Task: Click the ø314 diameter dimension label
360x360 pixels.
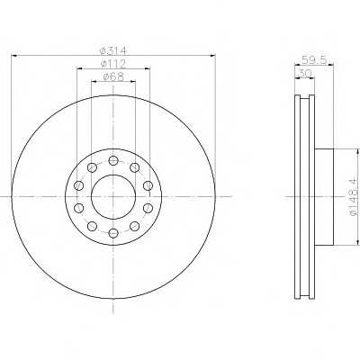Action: [113, 50]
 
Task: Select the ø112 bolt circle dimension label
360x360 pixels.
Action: [113, 63]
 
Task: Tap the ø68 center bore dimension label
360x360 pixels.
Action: [113, 76]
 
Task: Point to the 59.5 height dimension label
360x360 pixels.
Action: [314, 59]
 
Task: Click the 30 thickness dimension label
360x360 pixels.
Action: [305, 73]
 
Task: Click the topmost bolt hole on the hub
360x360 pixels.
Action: [113, 160]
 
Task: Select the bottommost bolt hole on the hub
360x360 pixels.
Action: [113, 233]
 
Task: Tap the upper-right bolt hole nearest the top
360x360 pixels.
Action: [135, 167]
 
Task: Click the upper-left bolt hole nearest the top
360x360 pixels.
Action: [92, 167]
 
